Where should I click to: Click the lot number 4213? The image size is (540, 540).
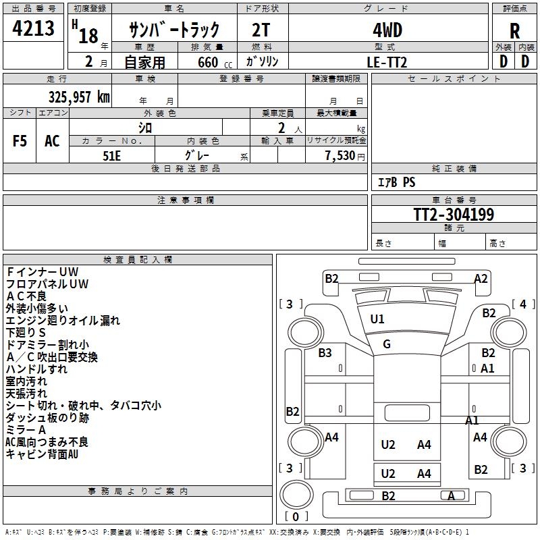pos(33,30)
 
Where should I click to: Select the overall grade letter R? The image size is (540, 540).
pos(514,30)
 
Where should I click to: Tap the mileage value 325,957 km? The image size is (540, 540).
pos(79,97)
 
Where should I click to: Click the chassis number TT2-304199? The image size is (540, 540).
pos(454,215)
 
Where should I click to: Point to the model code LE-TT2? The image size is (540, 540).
pos(387,61)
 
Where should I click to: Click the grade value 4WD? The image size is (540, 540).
pos(387,30)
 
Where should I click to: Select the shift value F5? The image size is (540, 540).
pos(20,141)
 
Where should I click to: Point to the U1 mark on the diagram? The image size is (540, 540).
pos(377,319)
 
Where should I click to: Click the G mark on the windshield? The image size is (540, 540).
pos(387,344)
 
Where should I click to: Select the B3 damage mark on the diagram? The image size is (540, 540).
pos(325,352)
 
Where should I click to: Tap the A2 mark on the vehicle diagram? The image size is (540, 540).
pos(481,278)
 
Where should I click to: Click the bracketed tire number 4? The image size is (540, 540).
pos(522,304)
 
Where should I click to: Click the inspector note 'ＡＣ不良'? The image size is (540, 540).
pos(26,296)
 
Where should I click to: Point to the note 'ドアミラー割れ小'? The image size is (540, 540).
pos(47,345)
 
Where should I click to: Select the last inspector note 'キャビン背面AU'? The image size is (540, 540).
pos(42,454)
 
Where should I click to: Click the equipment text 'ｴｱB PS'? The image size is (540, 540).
pos(396,182)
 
